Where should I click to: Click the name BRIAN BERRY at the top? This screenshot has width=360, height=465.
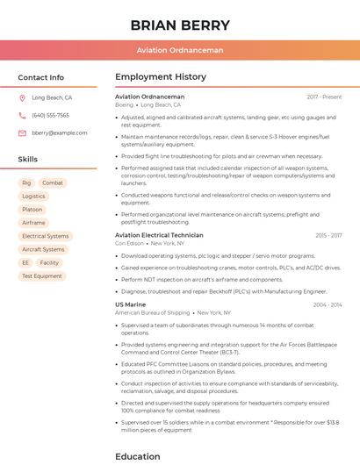coord(180,25)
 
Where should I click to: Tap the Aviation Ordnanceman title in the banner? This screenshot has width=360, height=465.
coord(180,50)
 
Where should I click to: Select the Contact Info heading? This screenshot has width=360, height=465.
coord(40,77)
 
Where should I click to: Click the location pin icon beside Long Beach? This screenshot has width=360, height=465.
coord(23,98)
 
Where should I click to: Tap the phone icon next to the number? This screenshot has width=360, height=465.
coord(23,115)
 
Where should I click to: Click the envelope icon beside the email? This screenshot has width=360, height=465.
coord(23,132)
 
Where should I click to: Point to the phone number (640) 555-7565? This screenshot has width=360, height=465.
coord(50,115)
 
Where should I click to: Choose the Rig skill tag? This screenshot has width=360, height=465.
coord(26,182)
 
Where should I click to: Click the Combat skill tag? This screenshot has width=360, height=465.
coord(53,182)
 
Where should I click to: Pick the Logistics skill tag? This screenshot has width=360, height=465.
coord(33,197)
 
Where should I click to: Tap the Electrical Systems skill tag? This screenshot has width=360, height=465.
coord(45,236)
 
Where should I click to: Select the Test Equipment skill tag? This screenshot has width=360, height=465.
coord(41,275)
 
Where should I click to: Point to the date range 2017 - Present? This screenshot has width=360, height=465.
coord(324,97)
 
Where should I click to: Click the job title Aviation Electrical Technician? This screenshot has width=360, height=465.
coord(159,235)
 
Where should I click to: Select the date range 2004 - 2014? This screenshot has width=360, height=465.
coord(327,304)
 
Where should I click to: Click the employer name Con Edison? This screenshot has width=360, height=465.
coord(130,243)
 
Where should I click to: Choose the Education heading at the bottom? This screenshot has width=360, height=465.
coord(138,456)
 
